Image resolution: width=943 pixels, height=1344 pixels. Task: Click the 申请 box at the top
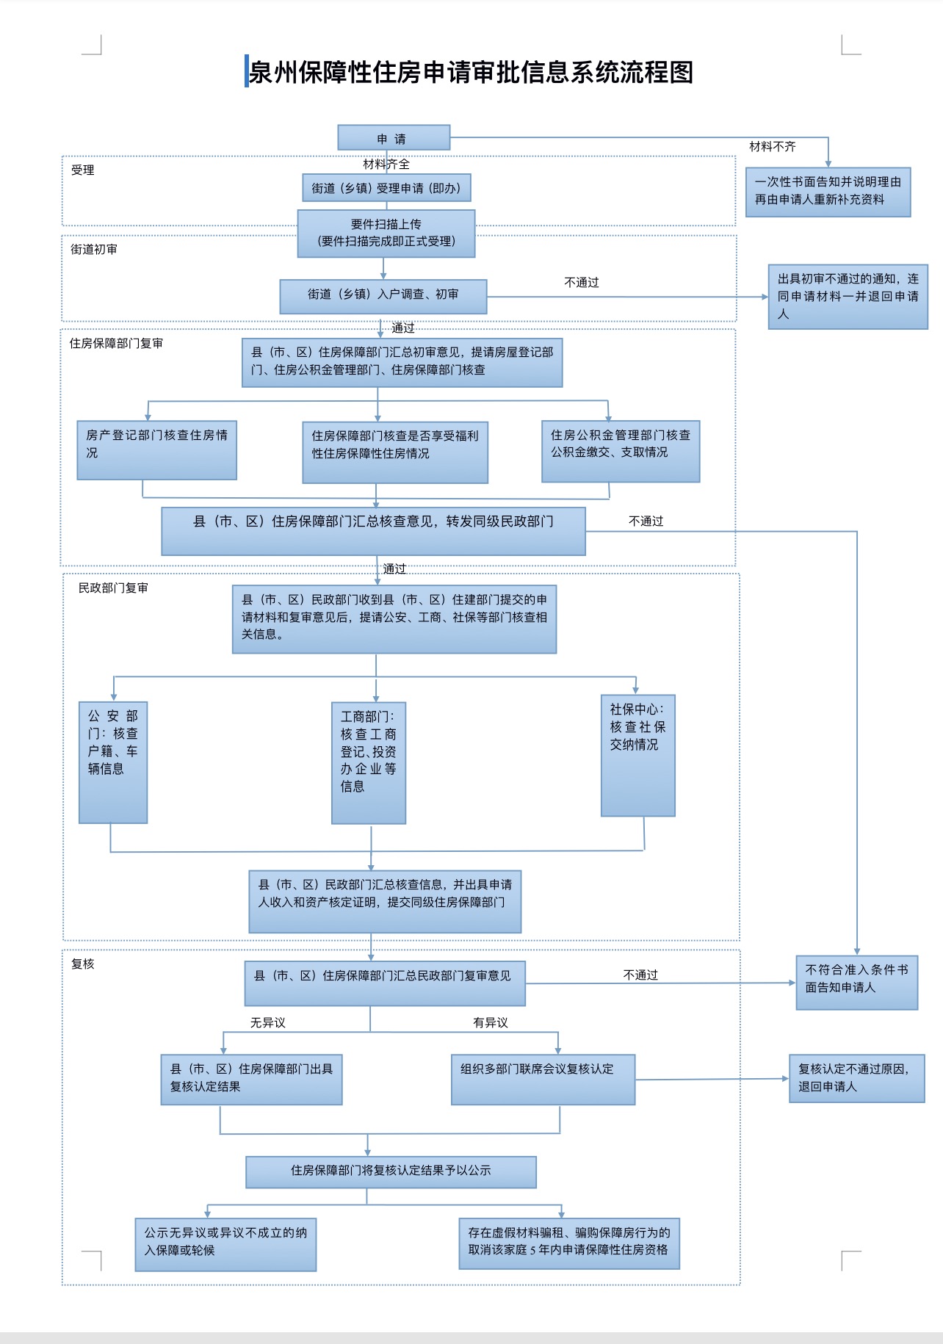tap(393, 138)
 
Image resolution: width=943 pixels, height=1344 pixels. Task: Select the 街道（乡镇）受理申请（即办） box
tap(386, 188)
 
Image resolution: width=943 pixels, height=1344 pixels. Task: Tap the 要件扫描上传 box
tap(386, 233)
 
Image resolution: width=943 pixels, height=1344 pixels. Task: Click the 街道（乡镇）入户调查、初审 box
tap(383, 295)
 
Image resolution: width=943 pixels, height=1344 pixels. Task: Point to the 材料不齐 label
tap(772, 147)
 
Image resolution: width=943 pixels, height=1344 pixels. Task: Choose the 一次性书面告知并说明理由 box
tap(828, 191)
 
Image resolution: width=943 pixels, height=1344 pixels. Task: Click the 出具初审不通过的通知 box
tap(848, 296)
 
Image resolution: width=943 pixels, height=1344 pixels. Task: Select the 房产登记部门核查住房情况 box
tap(156, 449)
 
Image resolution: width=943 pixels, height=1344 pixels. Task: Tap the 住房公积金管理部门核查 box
tap(620, 450)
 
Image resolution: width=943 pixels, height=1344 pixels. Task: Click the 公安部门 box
tap(113, 762)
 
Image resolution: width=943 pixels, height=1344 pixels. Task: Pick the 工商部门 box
tap(368, 762)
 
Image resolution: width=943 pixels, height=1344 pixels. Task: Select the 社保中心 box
tap(637, 755)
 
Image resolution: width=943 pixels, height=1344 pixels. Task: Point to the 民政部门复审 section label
tap(113, 588)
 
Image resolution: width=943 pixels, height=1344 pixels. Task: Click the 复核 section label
tap(83, 964)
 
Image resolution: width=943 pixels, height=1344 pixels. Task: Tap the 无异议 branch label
tap(267, 1022)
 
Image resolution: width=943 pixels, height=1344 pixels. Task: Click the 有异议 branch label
tap(491, 1022)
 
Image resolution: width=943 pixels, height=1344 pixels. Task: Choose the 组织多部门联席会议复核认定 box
tap(543, 1079)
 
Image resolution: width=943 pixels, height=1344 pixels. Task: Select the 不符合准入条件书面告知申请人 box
tap(856, 982)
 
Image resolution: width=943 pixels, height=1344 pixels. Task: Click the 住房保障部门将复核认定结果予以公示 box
tap(391, 1171)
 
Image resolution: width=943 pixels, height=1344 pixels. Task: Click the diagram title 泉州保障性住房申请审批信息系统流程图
tap(471, 72)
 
